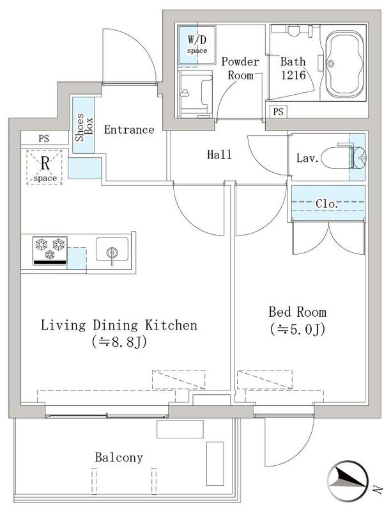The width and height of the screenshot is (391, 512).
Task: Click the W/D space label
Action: pos(196,44)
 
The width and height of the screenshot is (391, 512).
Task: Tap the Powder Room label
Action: pos(240,68)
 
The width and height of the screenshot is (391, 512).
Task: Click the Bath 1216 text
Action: pos(293,68)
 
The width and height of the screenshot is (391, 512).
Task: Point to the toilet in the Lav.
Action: pos(341,157)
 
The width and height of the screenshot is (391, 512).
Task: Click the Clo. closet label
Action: pos(328,204)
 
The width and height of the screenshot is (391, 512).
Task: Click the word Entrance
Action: pos(129,130)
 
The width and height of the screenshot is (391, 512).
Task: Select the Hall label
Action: pos(219,155)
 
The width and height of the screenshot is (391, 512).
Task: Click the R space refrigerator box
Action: pos(44,166)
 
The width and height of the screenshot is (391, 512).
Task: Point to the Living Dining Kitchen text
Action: pos(119,326)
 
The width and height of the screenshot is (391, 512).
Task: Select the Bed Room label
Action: pos(297,312)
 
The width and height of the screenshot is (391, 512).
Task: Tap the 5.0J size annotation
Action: pos(298,330)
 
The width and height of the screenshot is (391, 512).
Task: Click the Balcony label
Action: pos(119,458)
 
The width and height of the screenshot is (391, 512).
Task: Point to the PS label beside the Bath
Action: pos(277,112)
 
